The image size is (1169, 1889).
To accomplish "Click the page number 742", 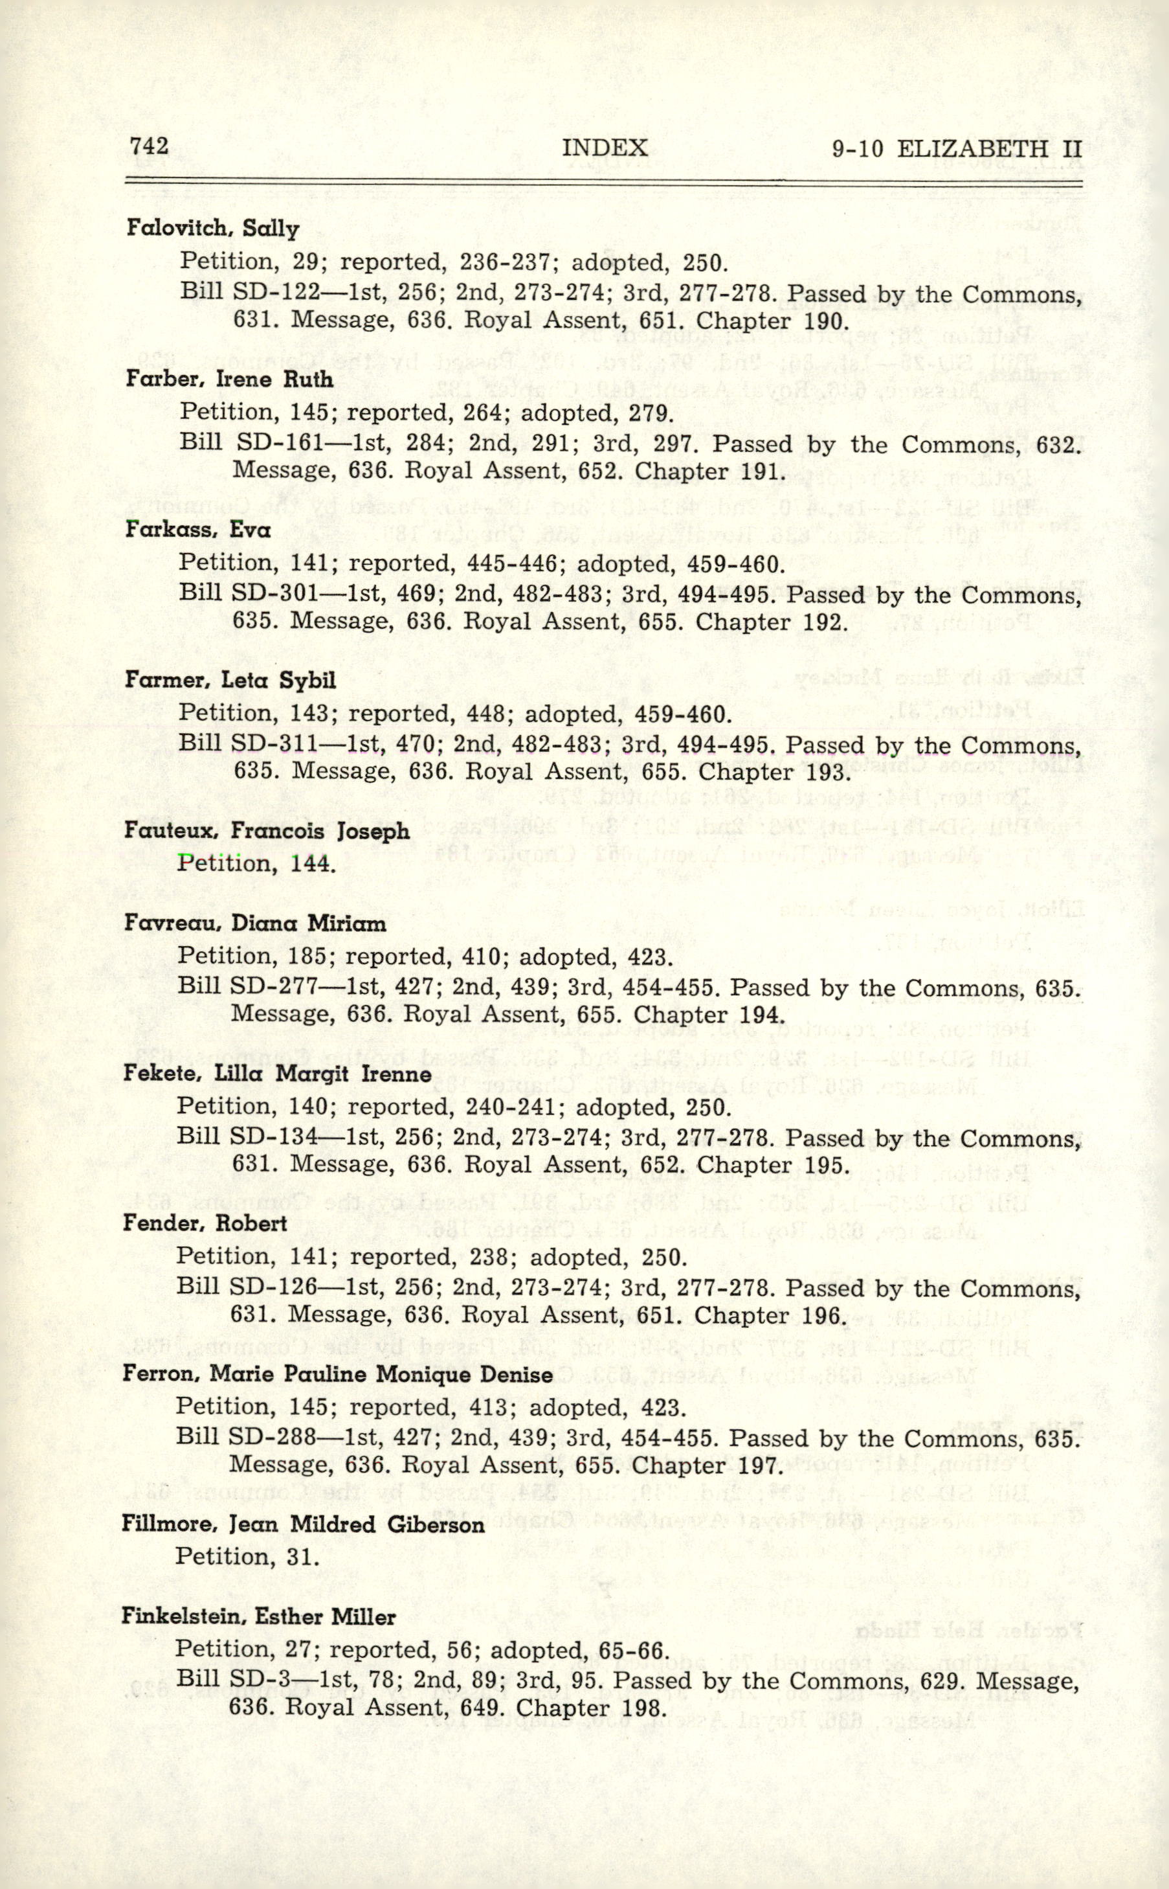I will [x=150, y=146].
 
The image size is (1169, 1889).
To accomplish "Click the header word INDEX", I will [x=604, y=148].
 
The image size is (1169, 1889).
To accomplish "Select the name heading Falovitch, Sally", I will [x=212, y=229].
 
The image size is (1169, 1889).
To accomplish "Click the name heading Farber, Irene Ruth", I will [x=230, y=379].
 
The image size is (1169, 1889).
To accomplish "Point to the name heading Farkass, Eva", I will [x=198, y=530].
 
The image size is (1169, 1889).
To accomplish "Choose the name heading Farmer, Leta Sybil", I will [x=230, y=680].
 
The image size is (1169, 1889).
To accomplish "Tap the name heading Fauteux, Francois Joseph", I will [x=267, y=831].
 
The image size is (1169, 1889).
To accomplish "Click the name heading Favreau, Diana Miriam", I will [x=254, y=923].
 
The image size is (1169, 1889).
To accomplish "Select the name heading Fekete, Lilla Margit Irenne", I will [x=277, y=1074].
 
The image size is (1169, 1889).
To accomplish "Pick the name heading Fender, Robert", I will [x=205, y=1223].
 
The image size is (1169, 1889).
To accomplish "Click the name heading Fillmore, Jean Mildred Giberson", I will [x=303, y=1524].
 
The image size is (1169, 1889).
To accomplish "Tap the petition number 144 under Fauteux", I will [x=313, y=863].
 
